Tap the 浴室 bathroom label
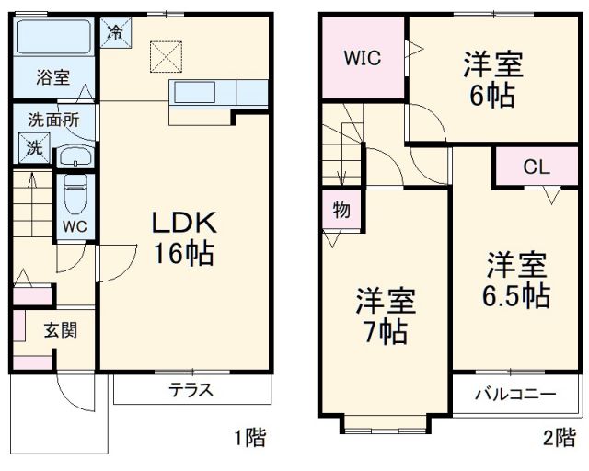pyautogui.click(x=52, y=77)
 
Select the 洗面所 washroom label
pyautogui.click(x=52, y=119)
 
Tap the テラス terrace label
pyautogui.click(x=191, y=390)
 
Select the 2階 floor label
pyautogui.click(x=558, y=439)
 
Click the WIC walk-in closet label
pyautogui.click(x=363, y=58)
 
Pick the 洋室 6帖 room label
pyautogui.click(x=493, y=80)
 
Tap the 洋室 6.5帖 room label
pyautogui.click(x=518, y=280)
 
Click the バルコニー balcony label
pyautogui.click(x=515, y=395)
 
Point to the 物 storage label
pyautogui.click(x=341, y=210)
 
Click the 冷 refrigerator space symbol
pyautogui.click(x=117, y=30)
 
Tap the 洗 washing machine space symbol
pyautogui.click(x=32, y=147)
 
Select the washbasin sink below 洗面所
pyautogui.click(x=75, y=155)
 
